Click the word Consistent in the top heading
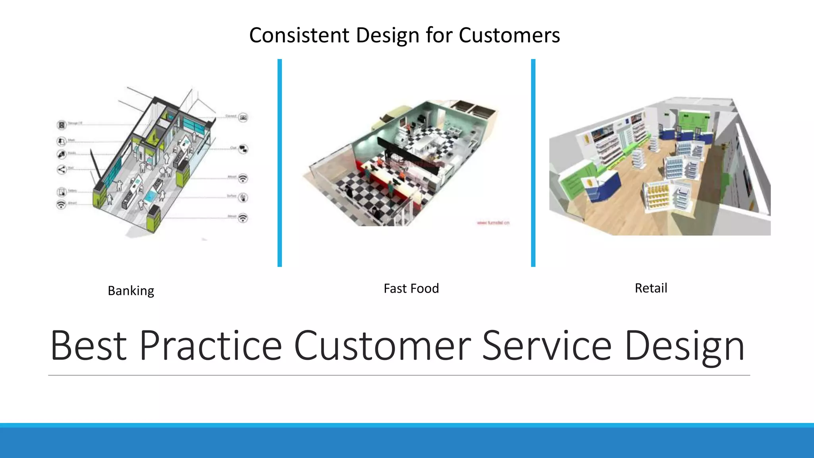click(299, 35)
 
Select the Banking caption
click(131, 291)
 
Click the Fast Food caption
click(411, 288)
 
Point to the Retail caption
click(651, 288)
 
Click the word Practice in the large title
click(210, 345)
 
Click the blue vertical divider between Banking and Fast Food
click(280, 163)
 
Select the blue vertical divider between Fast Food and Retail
click(533, 163)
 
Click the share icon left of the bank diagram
click(61, 170)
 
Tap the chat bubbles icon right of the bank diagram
click(243, 149)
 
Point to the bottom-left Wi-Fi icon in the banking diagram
click(61, 204)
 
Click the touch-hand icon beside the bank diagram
click(243, 198)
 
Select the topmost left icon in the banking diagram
click(61, 125)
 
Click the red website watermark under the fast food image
click(493, 223)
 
